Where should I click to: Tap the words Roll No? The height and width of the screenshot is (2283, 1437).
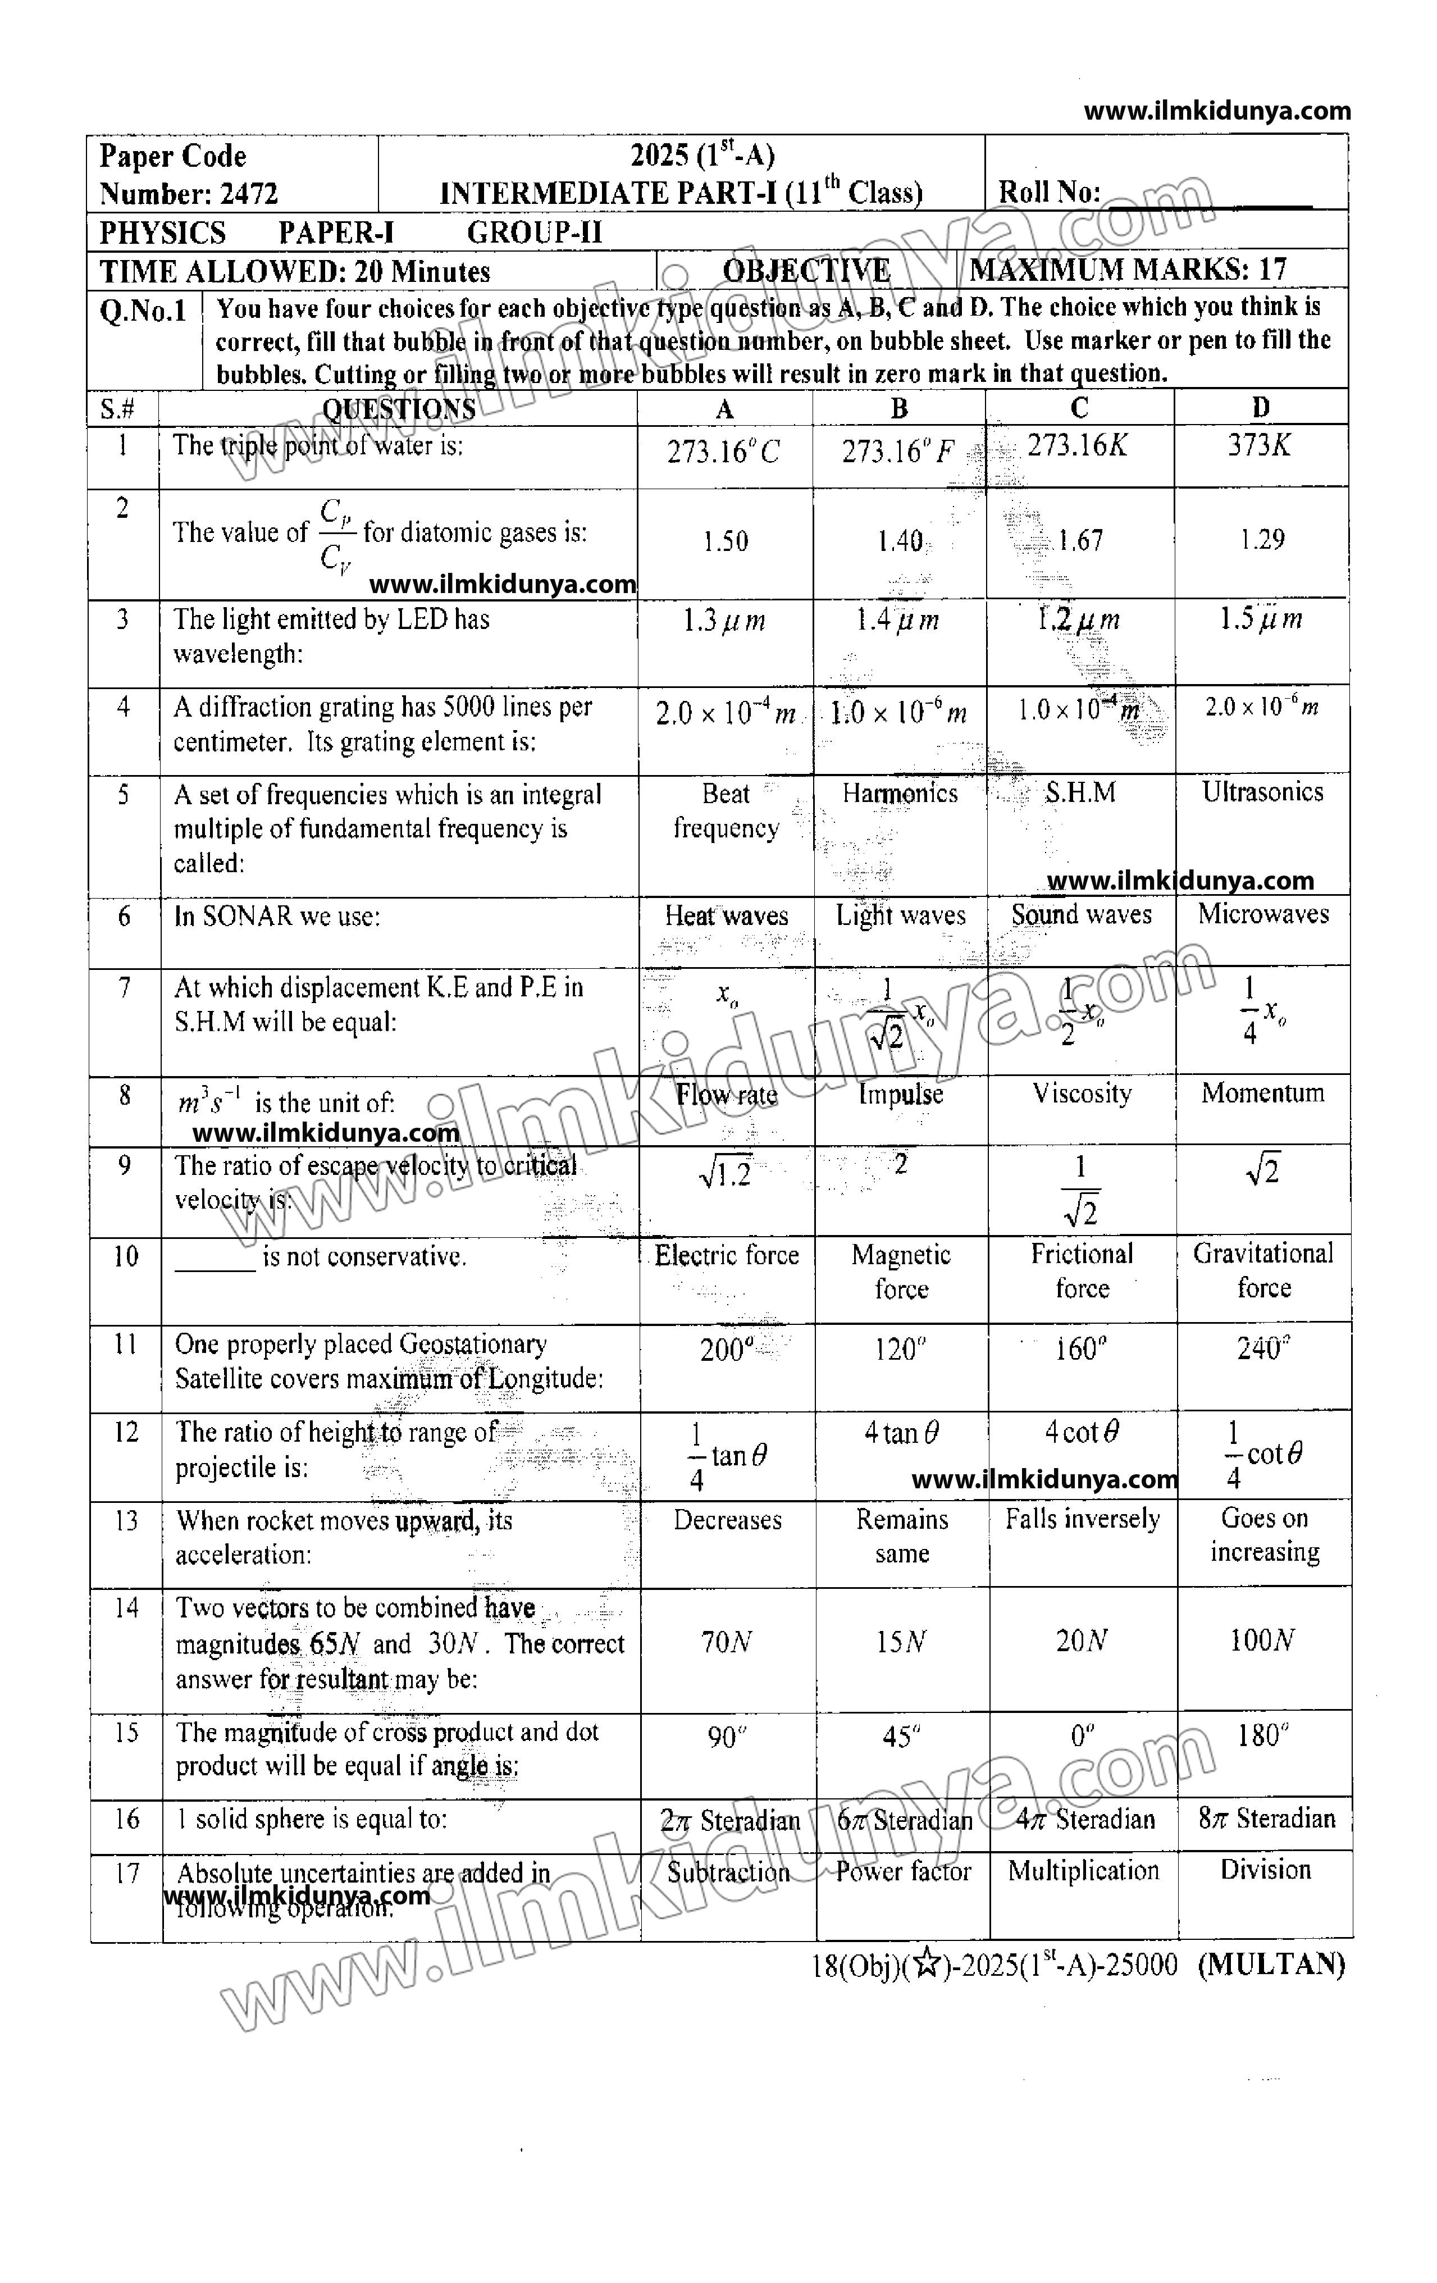click(1048, 193)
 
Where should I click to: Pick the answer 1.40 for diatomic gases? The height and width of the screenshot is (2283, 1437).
click(900, 541)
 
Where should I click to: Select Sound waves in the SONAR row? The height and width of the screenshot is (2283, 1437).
click(1080, 915)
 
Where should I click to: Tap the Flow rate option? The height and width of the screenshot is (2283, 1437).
click(726, 1095)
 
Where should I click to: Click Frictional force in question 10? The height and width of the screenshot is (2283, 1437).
click(1082, 1270)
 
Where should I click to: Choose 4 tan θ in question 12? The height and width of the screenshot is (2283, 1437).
click(901, 1433)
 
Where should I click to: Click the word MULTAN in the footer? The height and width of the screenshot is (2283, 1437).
click(1271, 1965)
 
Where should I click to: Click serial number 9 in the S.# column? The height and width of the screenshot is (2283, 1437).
click(124, 1165)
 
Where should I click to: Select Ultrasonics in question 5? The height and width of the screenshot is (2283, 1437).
click(1262, 792)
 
